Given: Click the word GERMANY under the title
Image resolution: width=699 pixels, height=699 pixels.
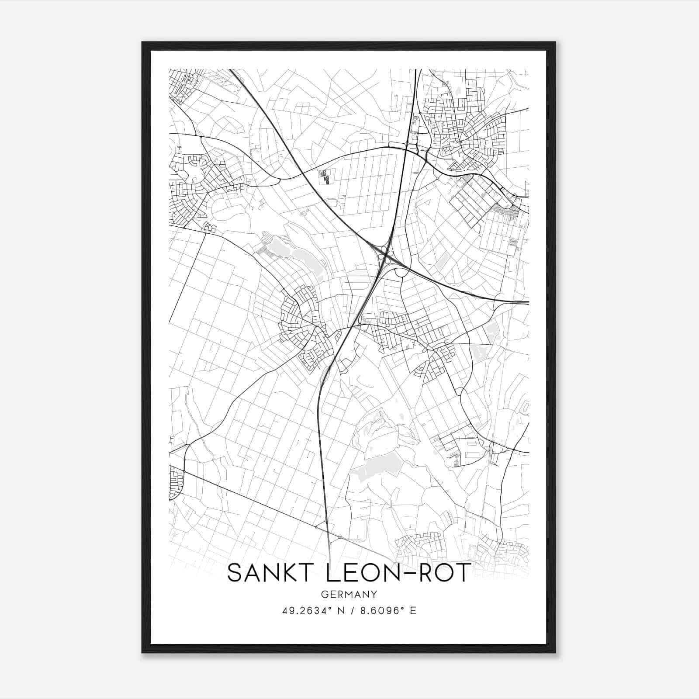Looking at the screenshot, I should point(349,595).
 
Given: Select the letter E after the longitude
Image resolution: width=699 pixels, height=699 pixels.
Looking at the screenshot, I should point(413,610).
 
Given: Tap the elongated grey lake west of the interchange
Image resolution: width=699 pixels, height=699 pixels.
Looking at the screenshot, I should point(301,256).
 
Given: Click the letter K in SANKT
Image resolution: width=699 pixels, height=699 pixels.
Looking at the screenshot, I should point(281,573).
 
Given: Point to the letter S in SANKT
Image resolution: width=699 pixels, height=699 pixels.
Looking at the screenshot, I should point(234,573).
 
